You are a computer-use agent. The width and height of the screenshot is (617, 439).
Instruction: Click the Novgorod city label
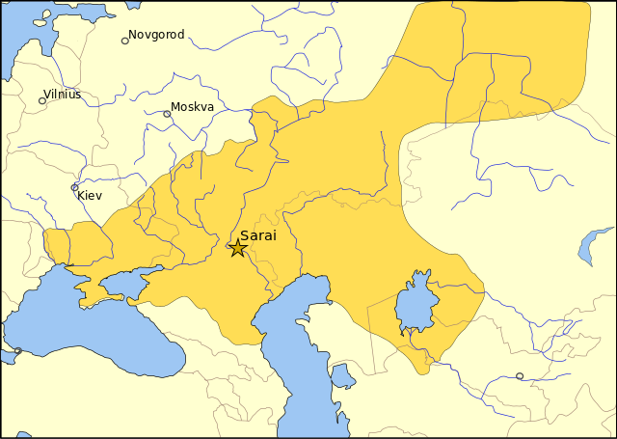[156, 35]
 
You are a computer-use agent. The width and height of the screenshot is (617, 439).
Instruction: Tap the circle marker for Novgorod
[124, 41]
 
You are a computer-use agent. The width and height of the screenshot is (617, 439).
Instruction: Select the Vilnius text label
[63, 95]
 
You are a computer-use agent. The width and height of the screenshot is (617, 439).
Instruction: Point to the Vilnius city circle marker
[42, 100]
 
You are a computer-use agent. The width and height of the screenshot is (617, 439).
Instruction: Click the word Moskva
[192, 107]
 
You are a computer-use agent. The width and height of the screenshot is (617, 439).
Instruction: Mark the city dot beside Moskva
[167, 114]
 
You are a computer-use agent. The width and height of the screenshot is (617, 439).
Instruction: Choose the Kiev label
[89, 196]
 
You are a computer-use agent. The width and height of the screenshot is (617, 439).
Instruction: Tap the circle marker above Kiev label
[75, 187]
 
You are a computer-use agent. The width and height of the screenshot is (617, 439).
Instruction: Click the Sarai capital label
[258, 235]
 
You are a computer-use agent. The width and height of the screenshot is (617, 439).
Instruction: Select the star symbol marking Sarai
[237, 248]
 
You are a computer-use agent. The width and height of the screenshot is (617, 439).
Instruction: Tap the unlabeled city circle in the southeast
[520, 376]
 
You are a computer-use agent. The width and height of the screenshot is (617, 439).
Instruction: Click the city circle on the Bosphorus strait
[16, 350]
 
